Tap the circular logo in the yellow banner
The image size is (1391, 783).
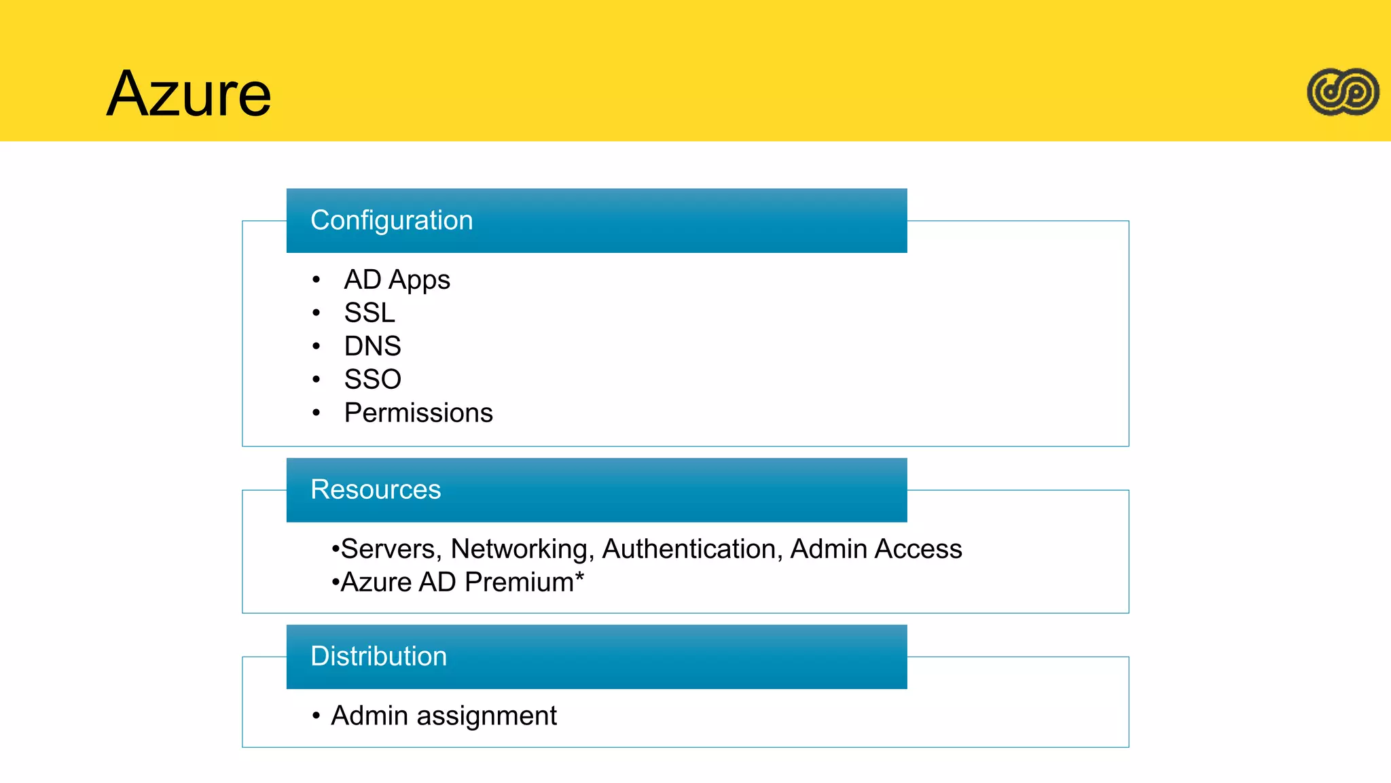1343,92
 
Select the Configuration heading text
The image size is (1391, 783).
391,220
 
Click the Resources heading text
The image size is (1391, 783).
376,489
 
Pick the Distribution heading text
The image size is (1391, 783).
378,656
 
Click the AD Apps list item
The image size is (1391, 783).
397,280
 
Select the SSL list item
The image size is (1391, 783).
369,313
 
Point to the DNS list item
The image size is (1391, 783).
372,346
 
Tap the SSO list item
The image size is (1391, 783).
372,379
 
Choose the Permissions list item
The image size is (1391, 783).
418,413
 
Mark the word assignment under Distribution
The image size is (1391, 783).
486,716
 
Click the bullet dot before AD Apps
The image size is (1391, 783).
316,280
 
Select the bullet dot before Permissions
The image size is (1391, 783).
316,413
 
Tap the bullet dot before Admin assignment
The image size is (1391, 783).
316,716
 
